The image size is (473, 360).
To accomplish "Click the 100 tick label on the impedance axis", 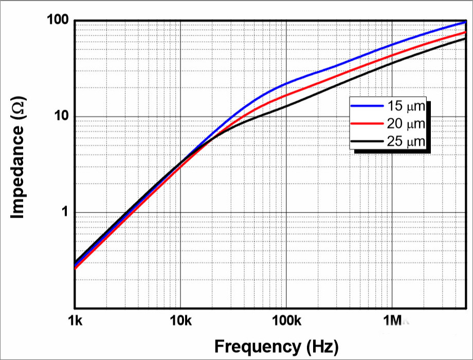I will tap(58, 22).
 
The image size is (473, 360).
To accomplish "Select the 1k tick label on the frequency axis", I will tap(75, 322).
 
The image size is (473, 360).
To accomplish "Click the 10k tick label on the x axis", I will tap(180, 322).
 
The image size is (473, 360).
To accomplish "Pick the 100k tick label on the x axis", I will tap(286, 322).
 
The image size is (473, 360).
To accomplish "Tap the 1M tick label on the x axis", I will tap(392, 322).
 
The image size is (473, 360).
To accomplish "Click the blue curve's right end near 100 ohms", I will tap(464, 22).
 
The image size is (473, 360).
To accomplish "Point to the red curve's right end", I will tap(464, 32).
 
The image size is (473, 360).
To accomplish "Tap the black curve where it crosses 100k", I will tap(286, 106).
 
